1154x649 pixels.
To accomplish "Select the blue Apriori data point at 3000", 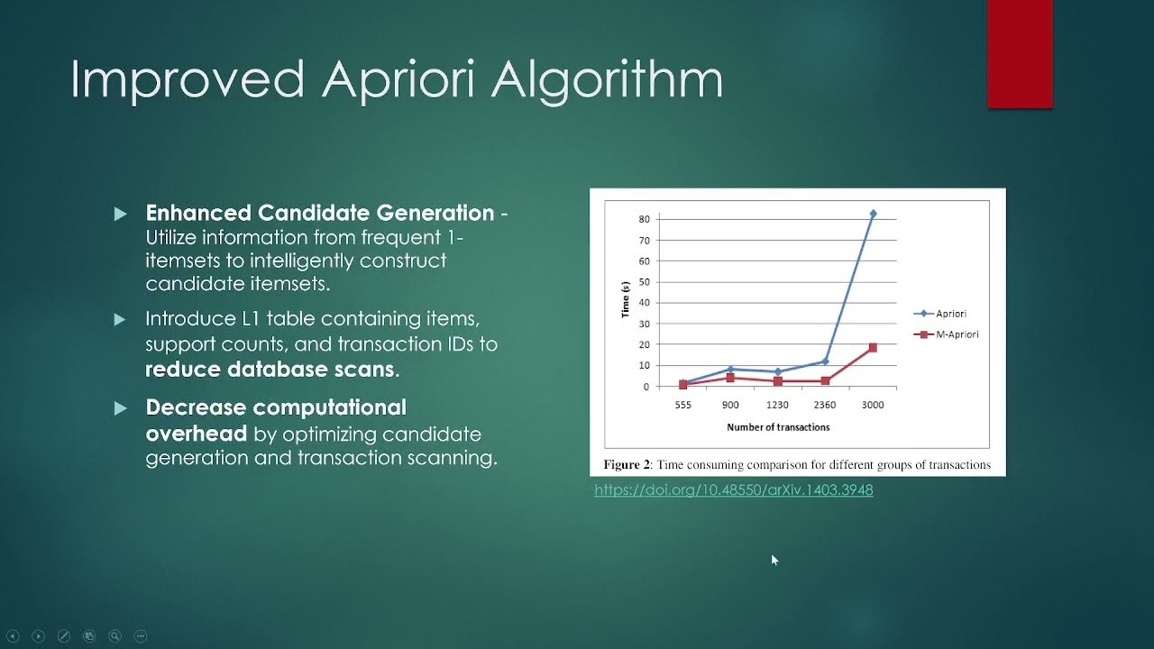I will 873,214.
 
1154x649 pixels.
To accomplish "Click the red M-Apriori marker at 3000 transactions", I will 873,347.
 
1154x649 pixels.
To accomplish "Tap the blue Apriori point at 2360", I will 825,361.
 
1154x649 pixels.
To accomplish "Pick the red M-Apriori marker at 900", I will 730,378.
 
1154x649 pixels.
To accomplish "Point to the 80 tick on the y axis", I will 644,219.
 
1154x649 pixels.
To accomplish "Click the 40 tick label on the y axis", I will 644,303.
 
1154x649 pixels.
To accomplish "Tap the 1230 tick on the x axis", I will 777,405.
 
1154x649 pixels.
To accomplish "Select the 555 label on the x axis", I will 683,405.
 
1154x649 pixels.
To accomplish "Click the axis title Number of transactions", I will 778,427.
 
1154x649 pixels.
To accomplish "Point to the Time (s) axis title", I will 625,300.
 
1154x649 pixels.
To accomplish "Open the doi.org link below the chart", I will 733,490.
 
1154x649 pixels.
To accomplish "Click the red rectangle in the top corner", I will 1020,54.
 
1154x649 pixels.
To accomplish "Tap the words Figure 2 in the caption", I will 627,465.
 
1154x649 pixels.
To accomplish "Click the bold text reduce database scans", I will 270,370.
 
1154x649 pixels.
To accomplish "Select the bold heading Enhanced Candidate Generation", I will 319,214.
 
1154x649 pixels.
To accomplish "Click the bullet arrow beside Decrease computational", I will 121,408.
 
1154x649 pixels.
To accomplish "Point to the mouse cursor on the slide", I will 774,560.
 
